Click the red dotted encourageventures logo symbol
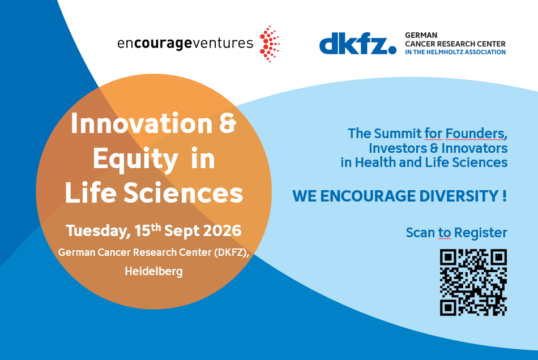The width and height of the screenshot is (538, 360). (270, 44)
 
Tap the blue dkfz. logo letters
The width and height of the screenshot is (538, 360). (357, 44)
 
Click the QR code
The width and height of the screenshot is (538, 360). (473, 282)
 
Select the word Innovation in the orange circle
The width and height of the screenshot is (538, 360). (142, 123)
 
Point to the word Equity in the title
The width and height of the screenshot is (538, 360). (135, 160)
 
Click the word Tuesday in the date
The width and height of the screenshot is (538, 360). (98, 231)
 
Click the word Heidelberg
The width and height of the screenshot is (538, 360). (153, 271)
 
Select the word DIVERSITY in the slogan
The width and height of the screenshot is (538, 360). (459, 196)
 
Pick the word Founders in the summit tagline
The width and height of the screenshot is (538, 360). (476, 134)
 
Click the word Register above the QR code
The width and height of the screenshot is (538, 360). (480, 233)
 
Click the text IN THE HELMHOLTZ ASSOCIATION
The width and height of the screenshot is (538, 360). (455, 52)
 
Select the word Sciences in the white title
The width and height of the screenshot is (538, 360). (183, 192)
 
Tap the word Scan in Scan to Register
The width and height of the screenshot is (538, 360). (420, 233)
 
